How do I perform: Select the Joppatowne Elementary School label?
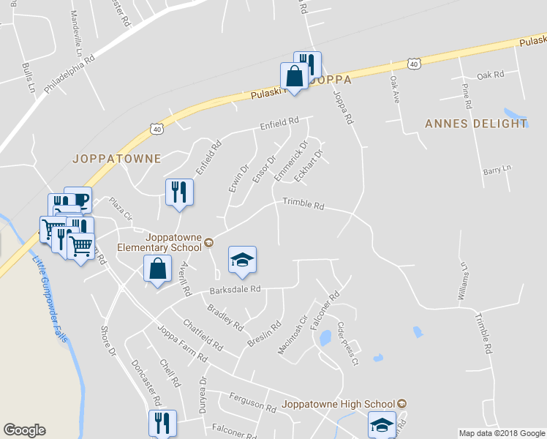(174, 241)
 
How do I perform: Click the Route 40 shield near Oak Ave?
(415, 64)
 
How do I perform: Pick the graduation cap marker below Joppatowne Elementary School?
(243, 259)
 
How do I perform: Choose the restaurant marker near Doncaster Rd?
(162, 422)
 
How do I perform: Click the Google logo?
(25, 430)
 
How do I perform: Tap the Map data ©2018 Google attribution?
(502, 433)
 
